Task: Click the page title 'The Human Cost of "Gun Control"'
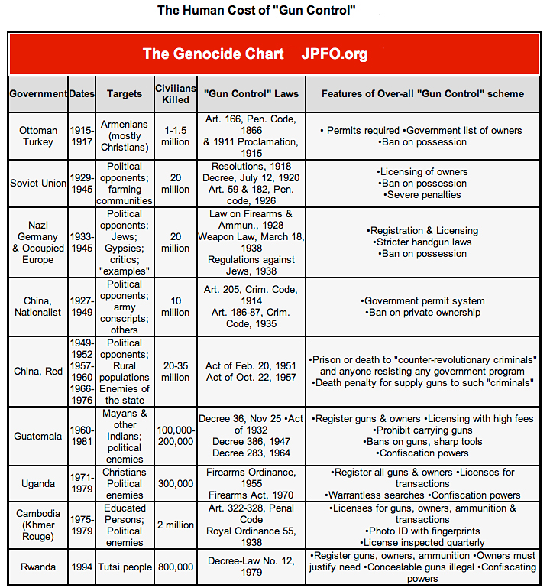257,11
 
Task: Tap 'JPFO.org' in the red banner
334,54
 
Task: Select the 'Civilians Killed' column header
176,93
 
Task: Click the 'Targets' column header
125,94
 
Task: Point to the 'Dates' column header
82,94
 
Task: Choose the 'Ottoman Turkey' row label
38,136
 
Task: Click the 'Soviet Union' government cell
38,184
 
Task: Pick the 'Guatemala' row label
38,437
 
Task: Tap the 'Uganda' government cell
38,484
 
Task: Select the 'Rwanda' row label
38,567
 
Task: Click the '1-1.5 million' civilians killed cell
176,136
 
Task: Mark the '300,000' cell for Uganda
176,484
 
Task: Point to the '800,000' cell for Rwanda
176,567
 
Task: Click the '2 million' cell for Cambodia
176,525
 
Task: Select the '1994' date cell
82,567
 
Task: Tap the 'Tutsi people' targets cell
125,567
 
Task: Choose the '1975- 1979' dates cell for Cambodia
82,525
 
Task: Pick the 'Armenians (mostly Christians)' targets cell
125,136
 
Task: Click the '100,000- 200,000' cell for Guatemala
176,437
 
